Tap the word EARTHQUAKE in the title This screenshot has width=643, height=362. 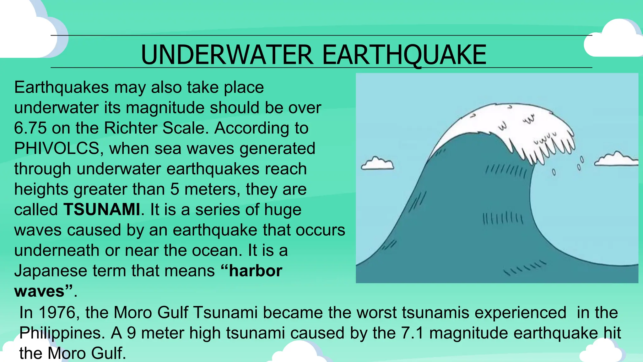404,55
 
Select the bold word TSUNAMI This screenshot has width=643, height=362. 102,210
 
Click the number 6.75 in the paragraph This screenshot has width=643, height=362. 30,128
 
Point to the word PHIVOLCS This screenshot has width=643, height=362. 57,148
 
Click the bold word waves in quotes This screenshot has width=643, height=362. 39,291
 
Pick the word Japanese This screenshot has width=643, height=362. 51,271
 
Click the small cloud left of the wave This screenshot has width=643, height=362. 377,163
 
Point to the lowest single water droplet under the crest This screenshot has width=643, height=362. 554,172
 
